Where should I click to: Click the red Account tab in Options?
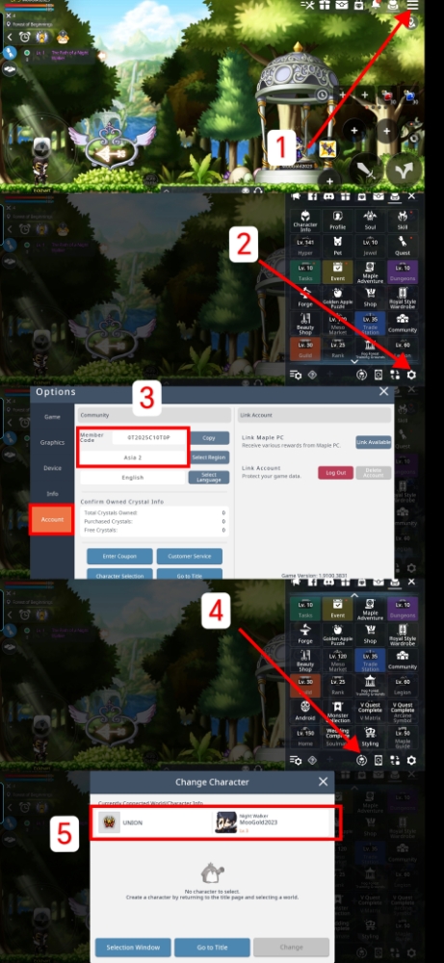coord(51,520)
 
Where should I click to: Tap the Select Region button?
coord(209,457)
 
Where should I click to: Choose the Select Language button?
coord(209,477)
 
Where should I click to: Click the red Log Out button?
coord(336,473)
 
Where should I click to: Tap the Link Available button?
coord(373,441)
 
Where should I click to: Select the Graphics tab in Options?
coord(52,443)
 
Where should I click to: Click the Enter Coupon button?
coord(119,557)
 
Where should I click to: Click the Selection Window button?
coord(133,947)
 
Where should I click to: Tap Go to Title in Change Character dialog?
coord(213,947)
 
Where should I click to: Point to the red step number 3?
coord(144,397)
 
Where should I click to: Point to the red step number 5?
coord(65,832)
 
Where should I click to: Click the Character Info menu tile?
coord(305,222)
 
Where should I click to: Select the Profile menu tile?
coord(339,222)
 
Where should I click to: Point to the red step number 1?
coord(280,147)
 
